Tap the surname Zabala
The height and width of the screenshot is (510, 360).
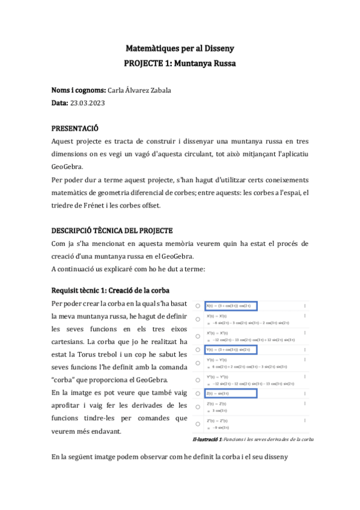pyautogui.click(x=158, y=90)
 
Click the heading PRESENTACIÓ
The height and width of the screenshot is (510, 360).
pyautogui.click(x=75, y=129)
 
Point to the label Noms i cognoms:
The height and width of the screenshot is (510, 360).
pyautogui.click(x=79, y=90)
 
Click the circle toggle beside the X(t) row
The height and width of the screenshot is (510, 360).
pyautogui.click(x=198, y=306)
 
